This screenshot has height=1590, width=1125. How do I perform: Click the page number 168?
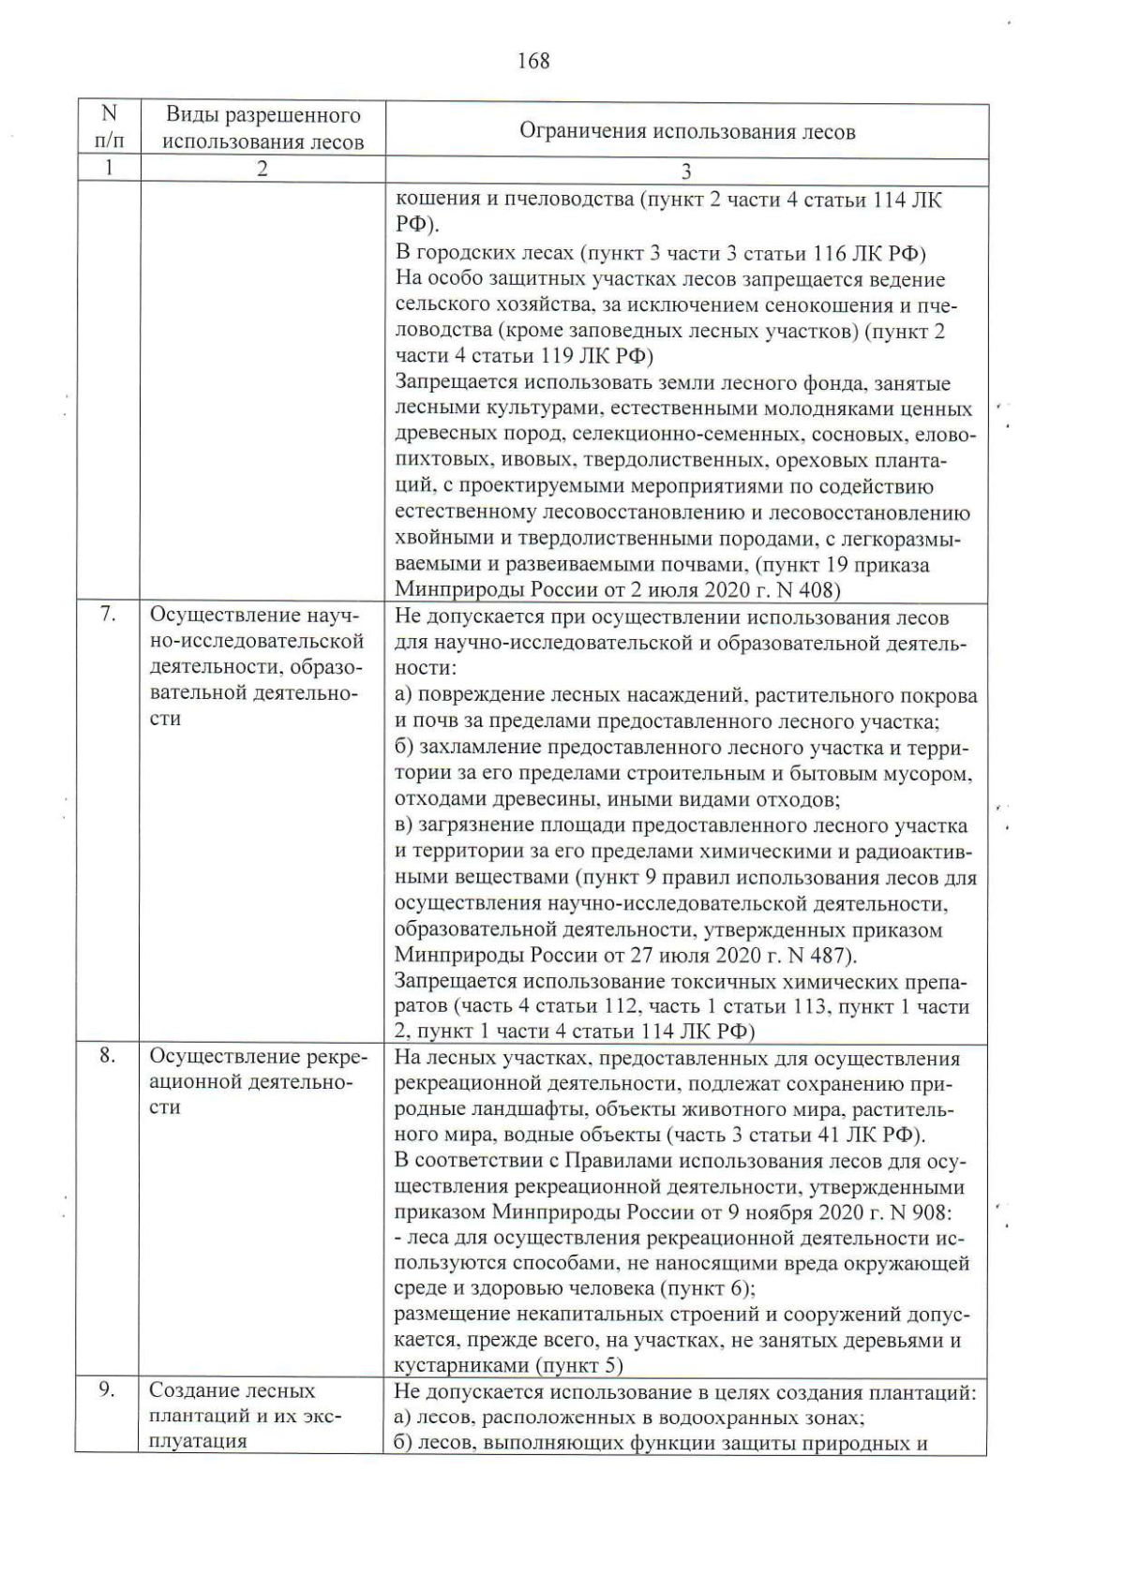[x=532, y=62]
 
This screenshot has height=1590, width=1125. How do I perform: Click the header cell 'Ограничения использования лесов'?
[x=687, y=131]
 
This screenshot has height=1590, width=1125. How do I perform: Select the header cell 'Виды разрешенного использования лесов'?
[x=263, y=129]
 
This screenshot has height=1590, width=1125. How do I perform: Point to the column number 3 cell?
[x=686, y=171]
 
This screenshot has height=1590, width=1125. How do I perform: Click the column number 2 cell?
[x=262, y=170]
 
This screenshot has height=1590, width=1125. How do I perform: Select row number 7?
[x=108, y=615]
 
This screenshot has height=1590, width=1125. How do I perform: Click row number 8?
[x=108, y=1056]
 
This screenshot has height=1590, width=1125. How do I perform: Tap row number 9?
[x=108, y=1390]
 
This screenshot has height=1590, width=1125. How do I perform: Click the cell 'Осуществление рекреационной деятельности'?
[x=258, y=1082]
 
